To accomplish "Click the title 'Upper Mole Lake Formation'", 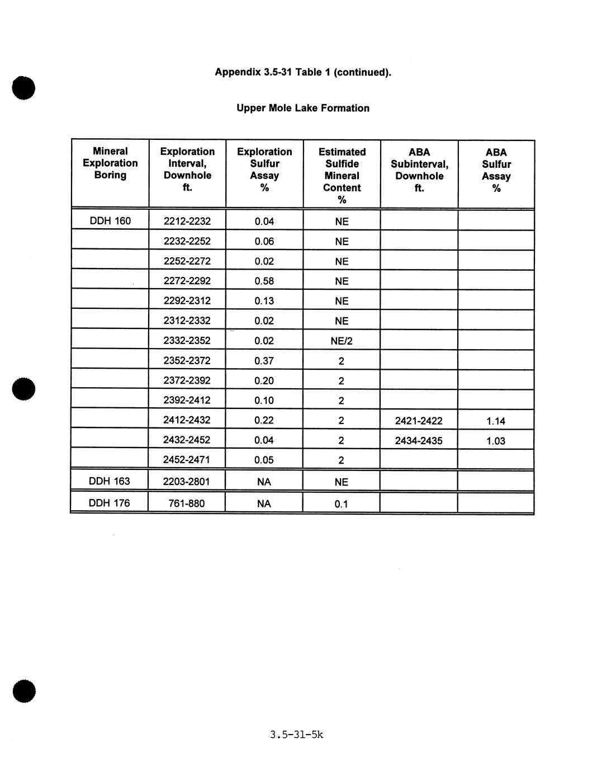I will pyautogui.click(x=302, y=108).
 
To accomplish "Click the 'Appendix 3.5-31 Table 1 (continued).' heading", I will pyautogui.click(x=303, y=72).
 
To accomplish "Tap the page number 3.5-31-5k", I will pyautogui.click(x=296, y=735).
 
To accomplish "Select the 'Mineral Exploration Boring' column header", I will pyautogui.click(x=110, y=163).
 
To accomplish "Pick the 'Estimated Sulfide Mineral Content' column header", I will pyautogui.click(x=342, y=175).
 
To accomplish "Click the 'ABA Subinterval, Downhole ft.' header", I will pyautogui.click(x=419, y=170).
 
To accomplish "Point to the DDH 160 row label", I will pyautogui.click(x=110, y=221).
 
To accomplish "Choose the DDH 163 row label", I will pyautogui.click(x=110, y=481).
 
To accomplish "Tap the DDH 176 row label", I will pyautogui.click(x=109, y=503).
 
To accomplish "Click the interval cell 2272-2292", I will pyautogui.click(x=187, y=281).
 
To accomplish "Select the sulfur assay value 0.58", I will pyautogui.click(x=264, y=281).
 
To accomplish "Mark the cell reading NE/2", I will pyautogui.click(x=342, y=341).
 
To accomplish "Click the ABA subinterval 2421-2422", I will pyautogui.click(x=419, y=421).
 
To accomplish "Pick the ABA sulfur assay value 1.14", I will pyautogui.click(x=496, y=421).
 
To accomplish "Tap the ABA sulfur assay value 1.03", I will pyautogui.click(x=496, y=441).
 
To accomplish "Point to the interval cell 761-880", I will pyautogui.click(x=187, y=503).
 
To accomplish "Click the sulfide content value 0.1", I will pyautogui.click(x=341, y=504).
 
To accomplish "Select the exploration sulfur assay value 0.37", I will pyautogui.click(x=264, y=361).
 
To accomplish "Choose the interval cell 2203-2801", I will pyautogui.click(x=187, y=481).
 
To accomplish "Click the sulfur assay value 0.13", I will pyautogui.click(x=264, y=301).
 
